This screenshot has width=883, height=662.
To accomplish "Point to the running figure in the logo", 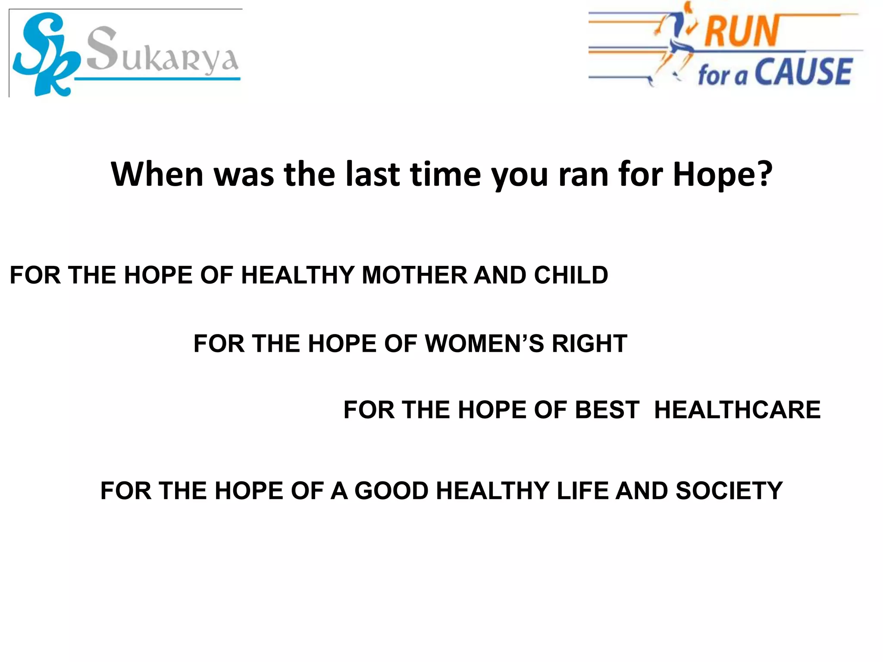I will tap(675, 43).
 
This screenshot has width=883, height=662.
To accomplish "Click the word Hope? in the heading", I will tap(722, 175).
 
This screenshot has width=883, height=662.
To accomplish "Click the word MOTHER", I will tap(414, 275).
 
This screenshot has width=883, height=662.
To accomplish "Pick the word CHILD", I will tap(571, 275).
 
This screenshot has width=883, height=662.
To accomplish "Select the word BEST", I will tap(607, 409).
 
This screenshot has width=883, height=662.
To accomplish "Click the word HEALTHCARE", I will tap(737, 409).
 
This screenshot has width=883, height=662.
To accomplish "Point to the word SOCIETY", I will tap(729, 490).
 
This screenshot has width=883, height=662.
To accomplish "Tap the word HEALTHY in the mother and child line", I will tap(297, 275).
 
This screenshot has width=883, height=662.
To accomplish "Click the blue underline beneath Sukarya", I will tap(157, 79).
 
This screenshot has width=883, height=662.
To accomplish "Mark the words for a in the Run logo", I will tap(722, 76).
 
